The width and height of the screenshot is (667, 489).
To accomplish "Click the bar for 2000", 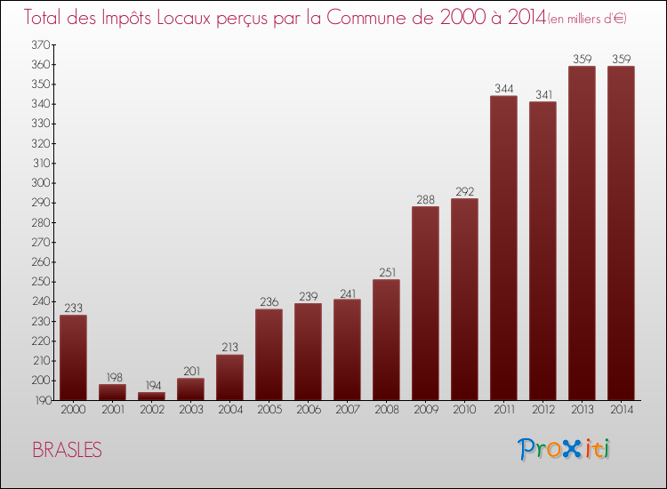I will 73,357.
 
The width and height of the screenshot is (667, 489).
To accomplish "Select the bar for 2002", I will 151,397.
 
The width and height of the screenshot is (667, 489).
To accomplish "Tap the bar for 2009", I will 425,303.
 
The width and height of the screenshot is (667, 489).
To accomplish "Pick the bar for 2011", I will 503,248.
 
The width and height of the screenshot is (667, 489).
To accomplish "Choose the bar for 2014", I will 621,233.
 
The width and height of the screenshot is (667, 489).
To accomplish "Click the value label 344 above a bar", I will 503,88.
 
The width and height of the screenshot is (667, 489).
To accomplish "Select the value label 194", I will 151,385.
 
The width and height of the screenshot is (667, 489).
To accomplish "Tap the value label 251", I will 386,272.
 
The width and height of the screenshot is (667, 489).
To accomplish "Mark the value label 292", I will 464,191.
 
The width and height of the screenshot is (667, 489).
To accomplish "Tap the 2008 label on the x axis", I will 386,410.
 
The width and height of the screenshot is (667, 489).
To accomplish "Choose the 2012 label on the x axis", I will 542,410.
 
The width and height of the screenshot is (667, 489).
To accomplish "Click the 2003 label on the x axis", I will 190,410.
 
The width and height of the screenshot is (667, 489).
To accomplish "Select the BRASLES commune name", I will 67,451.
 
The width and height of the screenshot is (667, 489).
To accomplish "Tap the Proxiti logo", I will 564,449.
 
